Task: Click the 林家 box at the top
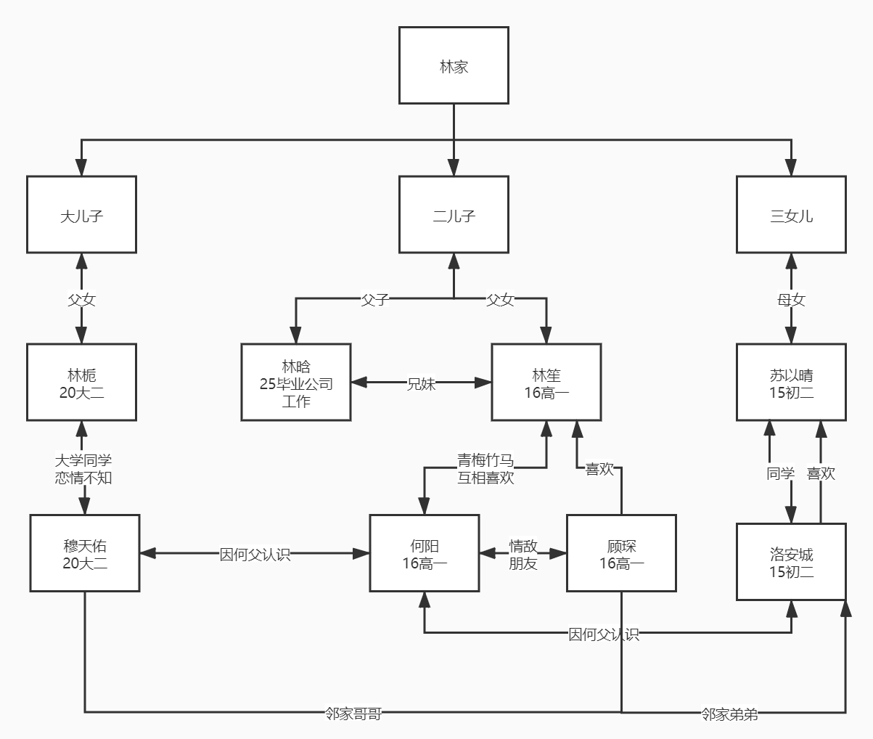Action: pos(454,66)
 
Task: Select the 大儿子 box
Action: pos(81,215)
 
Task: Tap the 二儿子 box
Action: pos(454,215)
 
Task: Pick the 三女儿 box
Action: pos(791,215)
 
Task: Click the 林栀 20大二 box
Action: pos(81,383)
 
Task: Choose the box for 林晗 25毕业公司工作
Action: pos(296,383)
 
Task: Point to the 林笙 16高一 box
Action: pos(546,383)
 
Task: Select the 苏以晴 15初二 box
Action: pos(791,383)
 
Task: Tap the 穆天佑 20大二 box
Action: pos(85,553)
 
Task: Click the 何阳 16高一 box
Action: pos(425,553)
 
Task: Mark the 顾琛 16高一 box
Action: pos(621,553)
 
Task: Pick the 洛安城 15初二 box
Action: pos(791,562)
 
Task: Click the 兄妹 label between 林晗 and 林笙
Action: pos(421,383)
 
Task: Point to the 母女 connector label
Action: pos(791,299)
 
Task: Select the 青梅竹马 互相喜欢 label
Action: pos(485,469)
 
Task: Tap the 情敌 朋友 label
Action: pos(522,554)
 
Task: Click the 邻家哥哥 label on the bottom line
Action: pos(353,714)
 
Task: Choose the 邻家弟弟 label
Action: pos(729,714)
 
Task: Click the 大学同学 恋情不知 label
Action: pos(83,469)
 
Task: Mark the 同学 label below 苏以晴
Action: pos(780,473)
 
